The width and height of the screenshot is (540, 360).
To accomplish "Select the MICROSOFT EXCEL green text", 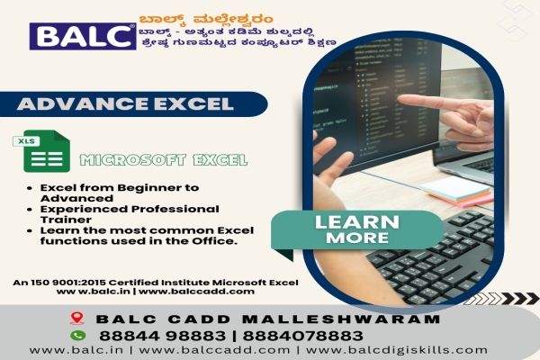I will click(163, 161).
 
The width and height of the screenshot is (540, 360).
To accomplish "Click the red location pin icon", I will click(76, 318).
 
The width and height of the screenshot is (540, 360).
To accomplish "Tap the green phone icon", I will click(76, 334).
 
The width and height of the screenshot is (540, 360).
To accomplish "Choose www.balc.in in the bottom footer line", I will click(66, 349).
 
